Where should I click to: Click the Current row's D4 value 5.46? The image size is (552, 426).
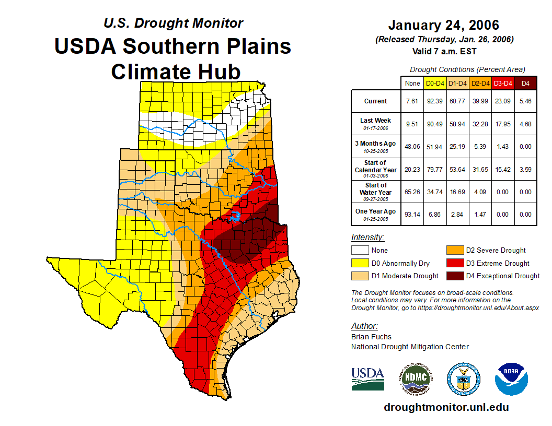(525, 101)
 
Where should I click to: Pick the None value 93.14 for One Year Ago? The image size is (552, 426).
(412, 214)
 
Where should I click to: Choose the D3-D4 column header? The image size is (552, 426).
(503, 83)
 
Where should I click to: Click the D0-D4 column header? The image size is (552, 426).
(435, 83)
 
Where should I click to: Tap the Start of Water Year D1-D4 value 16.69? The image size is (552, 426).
(458, 192)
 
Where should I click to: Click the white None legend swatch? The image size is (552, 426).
(360, 251)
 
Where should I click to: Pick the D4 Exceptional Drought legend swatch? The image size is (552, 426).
(454, 276)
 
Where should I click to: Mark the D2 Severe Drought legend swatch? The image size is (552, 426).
(454, 251)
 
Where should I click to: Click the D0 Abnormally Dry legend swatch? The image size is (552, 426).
(360, 263)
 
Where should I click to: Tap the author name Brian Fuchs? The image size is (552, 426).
(371, 337)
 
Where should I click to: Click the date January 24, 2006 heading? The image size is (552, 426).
(444, 25)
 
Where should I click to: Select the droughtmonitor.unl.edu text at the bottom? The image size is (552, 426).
(446, 407)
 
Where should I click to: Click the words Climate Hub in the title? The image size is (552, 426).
(176, 71)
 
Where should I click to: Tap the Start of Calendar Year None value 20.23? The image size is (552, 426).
(412, 169)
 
